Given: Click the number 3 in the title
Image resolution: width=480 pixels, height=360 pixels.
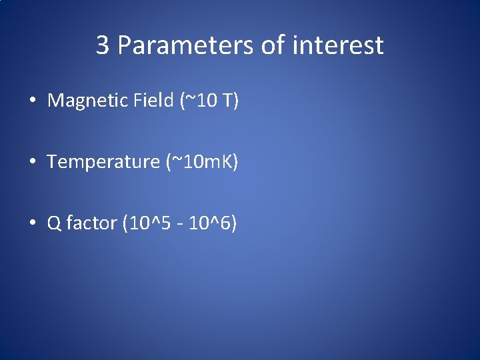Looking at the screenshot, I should [x=103, y=45].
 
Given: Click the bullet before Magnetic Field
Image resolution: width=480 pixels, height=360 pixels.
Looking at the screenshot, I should [x=32, y=101].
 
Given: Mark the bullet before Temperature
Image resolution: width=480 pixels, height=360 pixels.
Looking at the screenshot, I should [x=32, y=163].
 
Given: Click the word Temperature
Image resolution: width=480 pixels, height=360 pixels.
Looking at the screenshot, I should [x=103, y=162].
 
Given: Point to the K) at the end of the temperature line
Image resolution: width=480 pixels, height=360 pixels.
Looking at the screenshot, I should [x=230, y=162].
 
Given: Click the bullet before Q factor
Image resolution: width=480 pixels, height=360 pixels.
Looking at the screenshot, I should [x=32, y=224].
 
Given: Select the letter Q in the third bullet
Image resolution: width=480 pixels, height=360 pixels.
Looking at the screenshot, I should [x=54, y=223].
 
